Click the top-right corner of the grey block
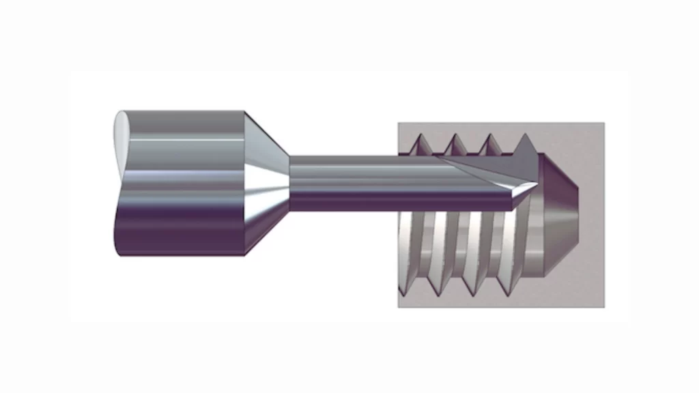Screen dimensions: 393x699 pos(603,123)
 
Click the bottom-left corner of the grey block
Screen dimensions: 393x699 pos(399,306)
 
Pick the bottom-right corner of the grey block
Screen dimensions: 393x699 pos(603,306)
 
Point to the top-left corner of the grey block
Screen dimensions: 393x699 pos(399,123)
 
